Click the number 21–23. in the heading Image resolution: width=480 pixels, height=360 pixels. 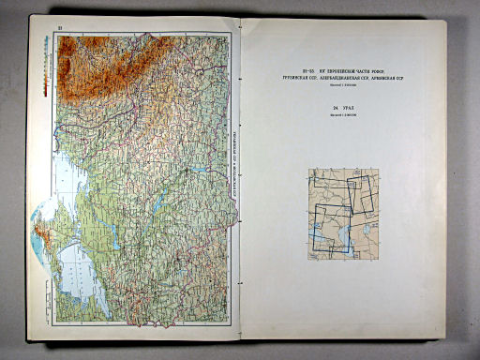pyautogui.click(x=288, y=68)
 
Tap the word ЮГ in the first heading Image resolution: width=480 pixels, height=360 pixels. pyautogui.click(x=302, y=68)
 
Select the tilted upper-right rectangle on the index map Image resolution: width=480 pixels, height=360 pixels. pyautogui.click(x=360, y=196)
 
